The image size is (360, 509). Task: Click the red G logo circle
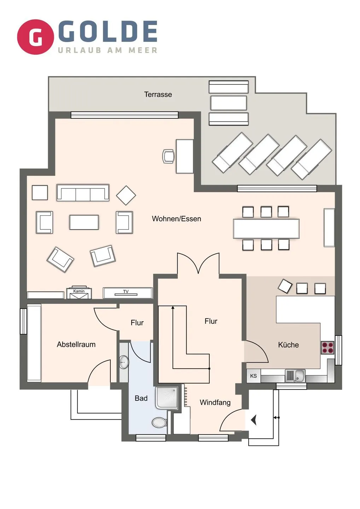35,37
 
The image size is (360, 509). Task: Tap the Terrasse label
158,94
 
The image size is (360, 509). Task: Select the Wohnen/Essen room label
176,219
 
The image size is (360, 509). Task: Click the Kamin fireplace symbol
79,293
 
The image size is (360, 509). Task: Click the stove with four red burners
327,347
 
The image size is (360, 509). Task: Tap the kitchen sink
295,376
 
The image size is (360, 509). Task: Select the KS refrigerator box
254,376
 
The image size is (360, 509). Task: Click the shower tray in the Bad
168,398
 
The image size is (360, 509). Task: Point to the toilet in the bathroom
159,422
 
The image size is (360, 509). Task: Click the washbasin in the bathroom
124,362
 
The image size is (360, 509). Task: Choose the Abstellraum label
76,344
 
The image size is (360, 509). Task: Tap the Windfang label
215,402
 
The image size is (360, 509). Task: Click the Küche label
288,345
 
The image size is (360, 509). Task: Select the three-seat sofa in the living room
83,193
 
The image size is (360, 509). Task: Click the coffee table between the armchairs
84,222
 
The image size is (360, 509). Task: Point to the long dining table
266,229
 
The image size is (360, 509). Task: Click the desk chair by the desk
168,156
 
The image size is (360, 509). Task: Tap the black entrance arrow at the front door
254,420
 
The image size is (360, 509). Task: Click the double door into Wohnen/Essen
198,264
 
